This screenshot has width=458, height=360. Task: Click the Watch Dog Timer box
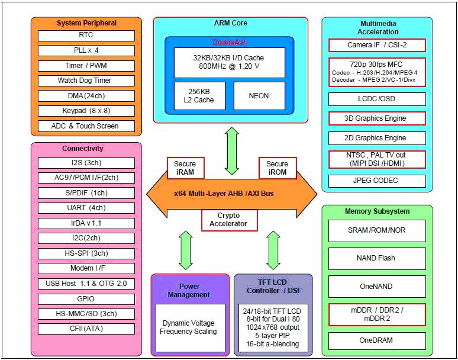86,81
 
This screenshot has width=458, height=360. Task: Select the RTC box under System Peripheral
86,36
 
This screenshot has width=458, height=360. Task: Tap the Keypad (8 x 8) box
86,111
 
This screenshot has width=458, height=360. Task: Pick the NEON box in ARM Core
259,95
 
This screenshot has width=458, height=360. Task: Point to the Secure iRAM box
185,168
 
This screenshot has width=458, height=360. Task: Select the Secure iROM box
277,168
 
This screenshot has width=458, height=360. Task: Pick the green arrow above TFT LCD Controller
273,250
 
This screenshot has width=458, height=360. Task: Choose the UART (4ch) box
86,208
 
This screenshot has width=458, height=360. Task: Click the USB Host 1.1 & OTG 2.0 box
86,284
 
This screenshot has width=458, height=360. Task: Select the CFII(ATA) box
86,329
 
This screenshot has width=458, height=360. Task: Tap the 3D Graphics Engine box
377,118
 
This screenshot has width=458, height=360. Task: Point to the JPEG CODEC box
377,181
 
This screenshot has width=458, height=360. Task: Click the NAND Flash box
377,258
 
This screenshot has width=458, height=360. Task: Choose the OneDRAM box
377,340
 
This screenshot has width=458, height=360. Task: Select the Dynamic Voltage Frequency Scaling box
189,327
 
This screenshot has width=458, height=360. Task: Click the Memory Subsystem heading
377,211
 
